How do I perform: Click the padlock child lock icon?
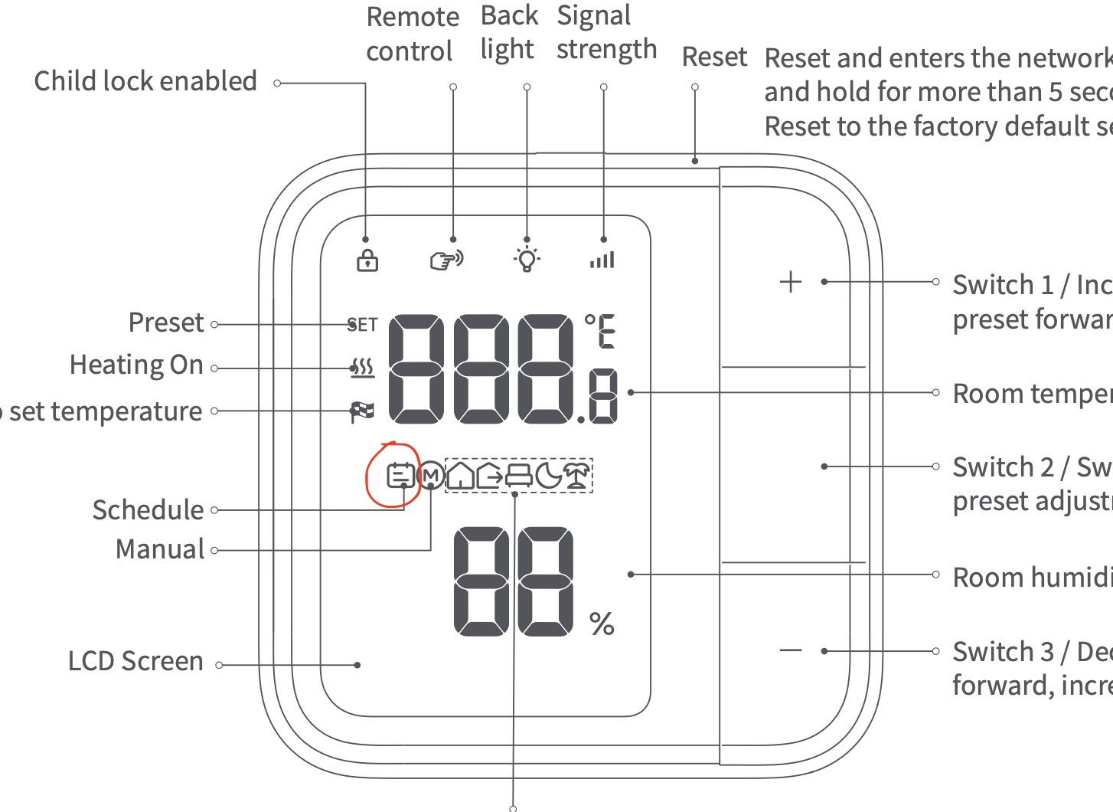click(367, 260)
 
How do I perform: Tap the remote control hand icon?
click(446, 260)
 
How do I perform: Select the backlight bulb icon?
click(527, 259)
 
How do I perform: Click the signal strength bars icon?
click(602, 260)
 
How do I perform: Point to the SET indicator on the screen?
click(363, 325)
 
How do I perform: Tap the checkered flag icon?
click(363, 411)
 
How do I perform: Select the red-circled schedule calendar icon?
click(400, 476)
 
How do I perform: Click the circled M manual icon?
click(432, 476)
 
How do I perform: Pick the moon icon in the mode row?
click(548, 476)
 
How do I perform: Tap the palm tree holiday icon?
click(577, 476)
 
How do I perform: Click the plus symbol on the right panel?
click(790, 282)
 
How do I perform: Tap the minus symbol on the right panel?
click(790, 651)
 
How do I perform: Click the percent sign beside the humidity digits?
click(602, 624)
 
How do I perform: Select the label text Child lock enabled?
click(145, 81)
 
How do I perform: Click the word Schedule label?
click(149, 510)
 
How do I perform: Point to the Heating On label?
click(136, 365)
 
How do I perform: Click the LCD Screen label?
click(135, 661)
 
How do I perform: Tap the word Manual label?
click(160, 549)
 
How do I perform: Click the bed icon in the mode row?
click(519, 476)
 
